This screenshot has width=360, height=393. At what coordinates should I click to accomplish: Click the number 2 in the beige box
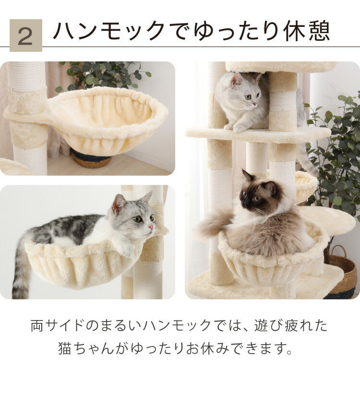pos(25,36)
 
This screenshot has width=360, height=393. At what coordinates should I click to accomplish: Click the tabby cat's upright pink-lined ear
pos(118,203)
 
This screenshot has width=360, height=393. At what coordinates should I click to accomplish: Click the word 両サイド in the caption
pos(58,326)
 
